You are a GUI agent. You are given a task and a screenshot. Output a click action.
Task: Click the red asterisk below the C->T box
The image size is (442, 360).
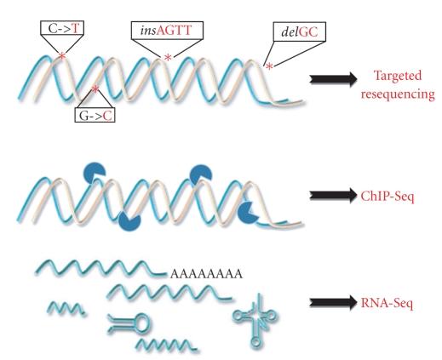click(x=61, y=57)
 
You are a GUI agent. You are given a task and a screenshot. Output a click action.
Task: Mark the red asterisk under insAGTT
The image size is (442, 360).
click(x=168, y=57)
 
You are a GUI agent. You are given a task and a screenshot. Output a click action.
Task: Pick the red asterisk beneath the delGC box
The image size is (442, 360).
click(x=269, y=66)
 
